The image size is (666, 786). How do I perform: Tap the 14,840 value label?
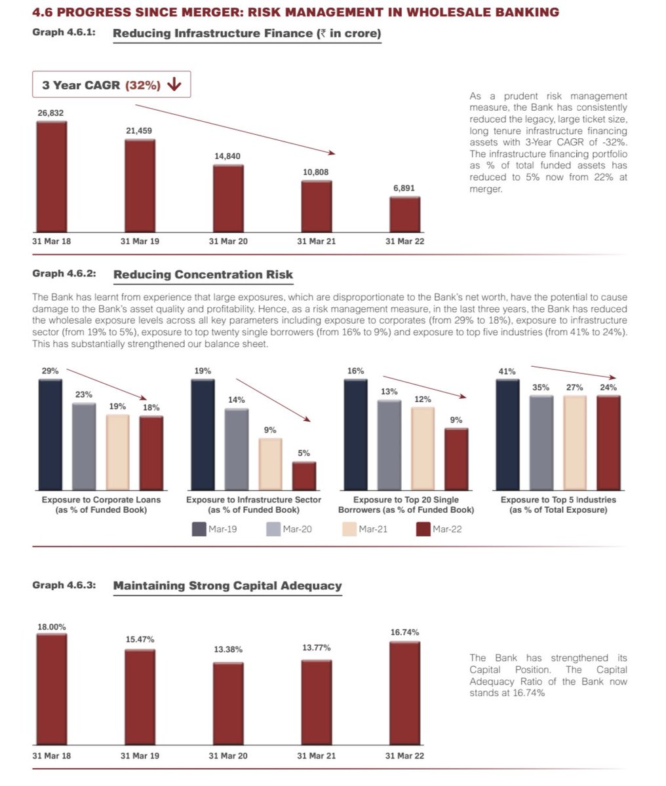[227, 156]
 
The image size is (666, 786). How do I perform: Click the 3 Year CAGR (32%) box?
[111, 84]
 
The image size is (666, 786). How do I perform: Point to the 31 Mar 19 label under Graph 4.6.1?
[140, 241]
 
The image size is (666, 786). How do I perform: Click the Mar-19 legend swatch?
[199, 529]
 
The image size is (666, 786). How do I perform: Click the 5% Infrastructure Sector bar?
[304, 476]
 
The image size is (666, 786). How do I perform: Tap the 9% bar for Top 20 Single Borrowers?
[456, 459]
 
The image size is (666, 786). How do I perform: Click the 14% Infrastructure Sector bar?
[237, 449]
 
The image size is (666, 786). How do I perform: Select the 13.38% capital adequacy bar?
[227, 703]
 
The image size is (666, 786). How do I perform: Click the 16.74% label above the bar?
[404, 632]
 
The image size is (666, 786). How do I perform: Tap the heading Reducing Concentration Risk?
[203, 274]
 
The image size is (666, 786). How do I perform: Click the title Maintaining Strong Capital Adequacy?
[227, 586]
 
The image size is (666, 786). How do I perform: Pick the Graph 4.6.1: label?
[64, 32]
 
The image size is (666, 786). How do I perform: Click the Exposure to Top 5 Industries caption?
[558, 504]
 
